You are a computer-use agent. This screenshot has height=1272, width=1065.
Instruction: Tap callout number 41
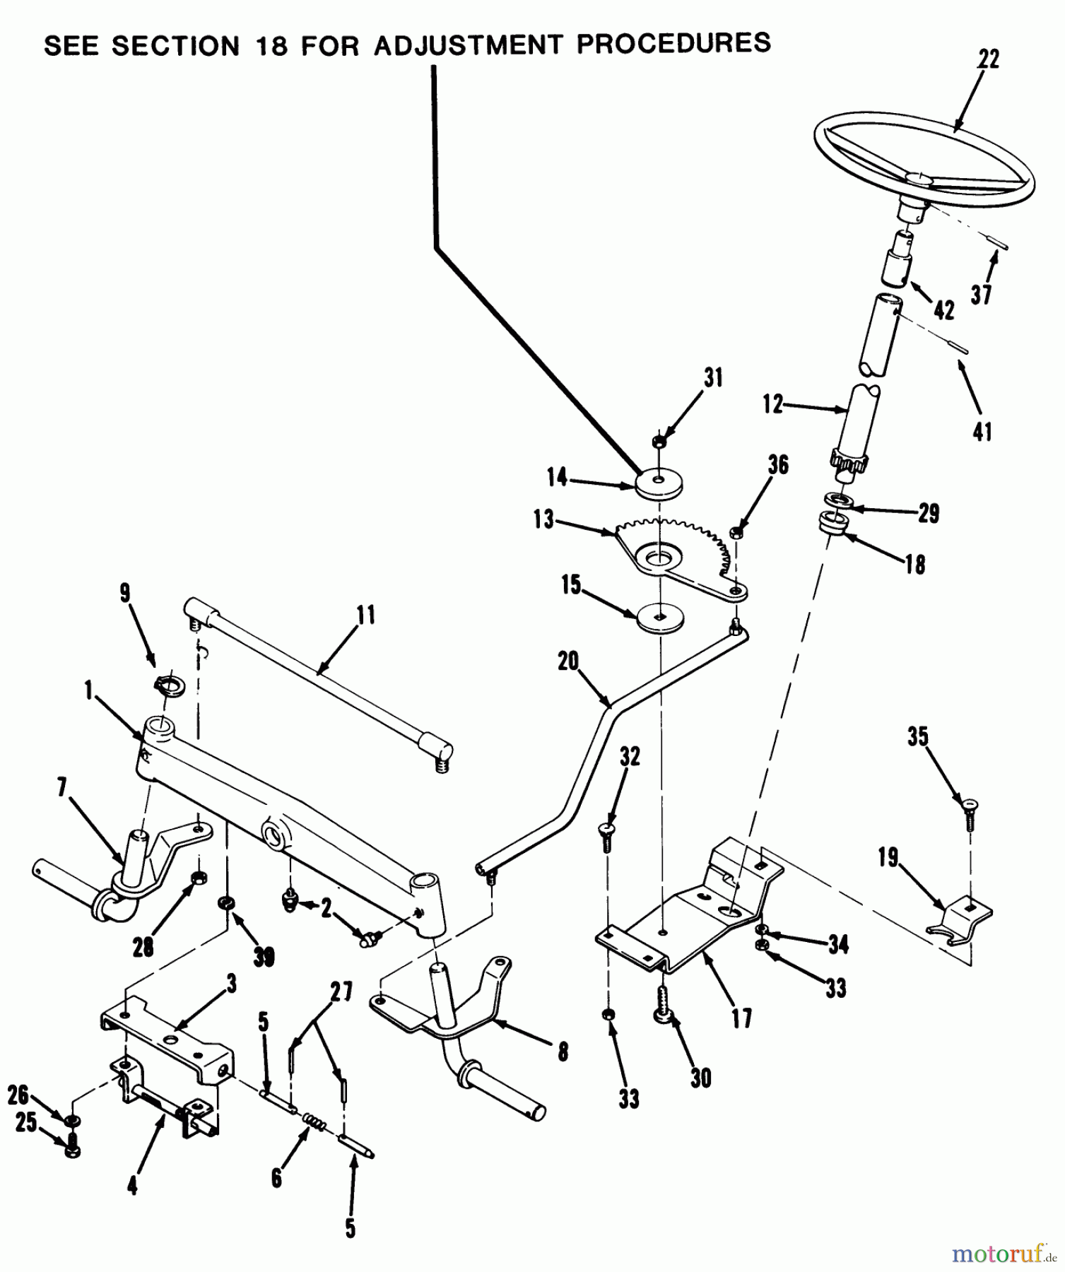[x=982, y=431]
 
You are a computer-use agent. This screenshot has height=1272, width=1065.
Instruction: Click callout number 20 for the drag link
[x=567, y=662]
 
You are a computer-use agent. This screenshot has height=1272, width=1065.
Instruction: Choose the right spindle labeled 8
[x=452, y=1025]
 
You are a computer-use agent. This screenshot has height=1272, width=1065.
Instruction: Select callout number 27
[x=341, y=992]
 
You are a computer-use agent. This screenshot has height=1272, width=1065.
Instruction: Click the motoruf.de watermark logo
[x=999, y=1253]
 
